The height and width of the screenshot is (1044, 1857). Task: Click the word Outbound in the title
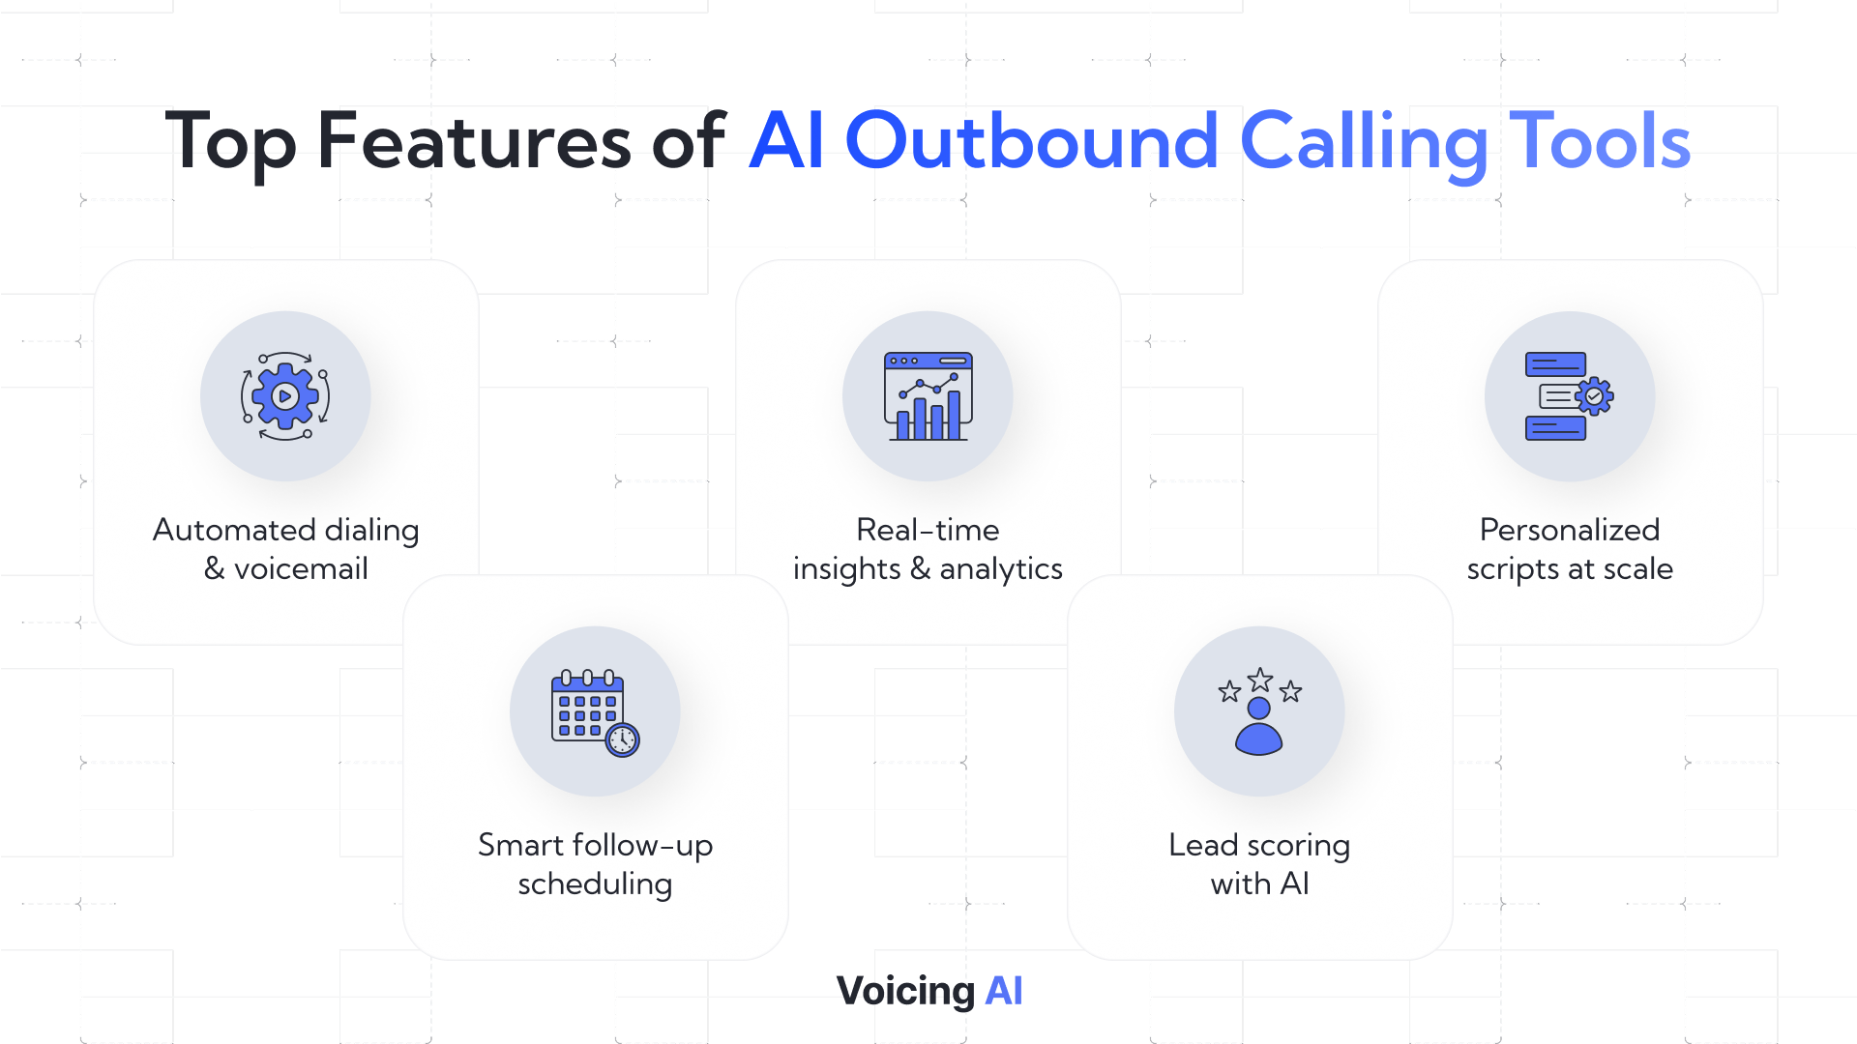click(1031, 141)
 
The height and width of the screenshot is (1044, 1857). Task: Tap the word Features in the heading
click(474, 141)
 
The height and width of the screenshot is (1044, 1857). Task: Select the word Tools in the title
click(1600, 141)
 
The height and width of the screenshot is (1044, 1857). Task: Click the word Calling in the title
click(1364, 144)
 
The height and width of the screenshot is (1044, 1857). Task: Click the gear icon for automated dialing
click(285, 396)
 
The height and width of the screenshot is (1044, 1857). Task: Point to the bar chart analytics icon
click(928, 396)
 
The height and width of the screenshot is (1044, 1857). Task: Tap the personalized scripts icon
click(1570, 396)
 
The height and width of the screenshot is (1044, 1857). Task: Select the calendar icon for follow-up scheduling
click(595, 712)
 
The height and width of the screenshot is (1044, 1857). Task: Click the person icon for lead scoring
click(1259, 726)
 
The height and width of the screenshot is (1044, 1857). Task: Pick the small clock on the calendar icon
click(622, 740)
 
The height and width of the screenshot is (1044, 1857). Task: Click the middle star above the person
click(1259, 680)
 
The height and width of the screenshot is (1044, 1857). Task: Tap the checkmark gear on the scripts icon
click(1594, 396)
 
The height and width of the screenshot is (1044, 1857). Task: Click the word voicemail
click(301, 568)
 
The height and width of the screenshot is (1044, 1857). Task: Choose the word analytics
click(1001, 570)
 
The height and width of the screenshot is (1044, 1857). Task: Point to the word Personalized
click(1570, 530)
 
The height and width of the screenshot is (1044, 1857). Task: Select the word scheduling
click(595, 885)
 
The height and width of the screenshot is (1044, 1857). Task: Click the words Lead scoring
click(1259, 847)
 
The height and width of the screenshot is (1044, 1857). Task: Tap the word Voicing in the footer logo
click(905, 992)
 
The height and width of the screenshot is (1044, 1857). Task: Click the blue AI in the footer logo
click(1004, 991)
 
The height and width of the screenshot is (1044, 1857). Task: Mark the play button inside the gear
click(285, 396)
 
